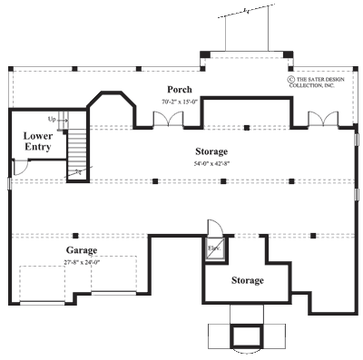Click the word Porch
(178, 89)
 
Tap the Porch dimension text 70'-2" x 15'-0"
(178, 102)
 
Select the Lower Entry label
(36, 141)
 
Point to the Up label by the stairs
(52, 119)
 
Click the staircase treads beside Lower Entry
(80, 145)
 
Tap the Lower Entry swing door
(19, 168)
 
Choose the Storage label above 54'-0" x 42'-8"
(211, 151)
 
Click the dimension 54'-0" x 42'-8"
(211, 163)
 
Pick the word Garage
(81, 249)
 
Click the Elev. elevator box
(215, 249)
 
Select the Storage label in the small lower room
(247, 280)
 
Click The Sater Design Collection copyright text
(319, 83)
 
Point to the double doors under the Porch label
(164, 119)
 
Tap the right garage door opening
(113, 276)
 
